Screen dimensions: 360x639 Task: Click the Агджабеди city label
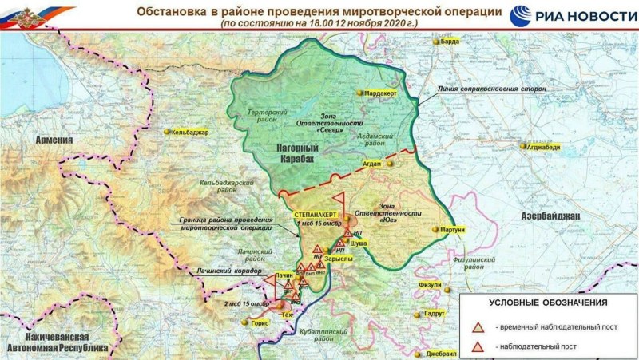pyautogui.click(x=546, y=147)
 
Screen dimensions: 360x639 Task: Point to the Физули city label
pyautogui.click(x=430, y=284)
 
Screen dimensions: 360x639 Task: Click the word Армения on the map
pyautogui.click(x=54, y=140)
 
